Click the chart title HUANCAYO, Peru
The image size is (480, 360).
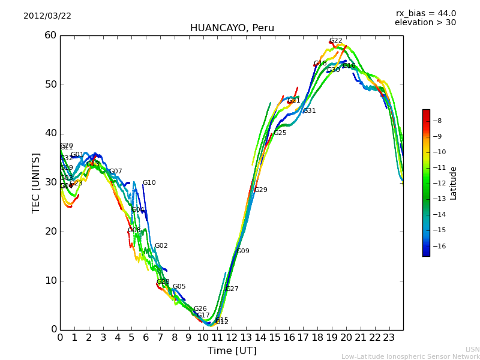(x=232, y=28)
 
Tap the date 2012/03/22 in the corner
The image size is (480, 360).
(x=47, y=16)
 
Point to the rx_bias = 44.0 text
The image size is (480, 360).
(x=425, y=13)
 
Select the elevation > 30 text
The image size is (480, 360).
(x=425, y=23)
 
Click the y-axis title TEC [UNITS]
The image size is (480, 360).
(x=36, y=182)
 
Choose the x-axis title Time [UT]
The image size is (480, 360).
(x=232, y=351)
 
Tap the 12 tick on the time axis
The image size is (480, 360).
(x=232, y=337)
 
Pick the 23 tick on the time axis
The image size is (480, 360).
(x=389, y=337)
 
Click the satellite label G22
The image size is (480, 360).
(x=335, y=41)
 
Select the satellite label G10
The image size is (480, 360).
(x=149, y=183)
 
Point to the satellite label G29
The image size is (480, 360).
(x=260, y=190)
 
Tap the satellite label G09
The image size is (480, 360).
(x=242, y=251)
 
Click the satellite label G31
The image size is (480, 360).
(x=309, y=111)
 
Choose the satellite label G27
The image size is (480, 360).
(x=232, y=289)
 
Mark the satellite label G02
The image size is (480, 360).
(x=161, y=246)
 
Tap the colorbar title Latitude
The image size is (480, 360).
(x=454, y=183)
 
